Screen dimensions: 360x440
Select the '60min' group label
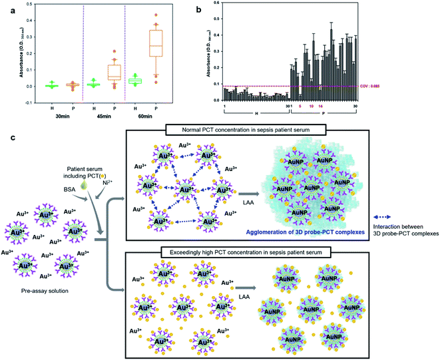point(146,120)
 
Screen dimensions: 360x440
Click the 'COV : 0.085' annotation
point(417,87)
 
